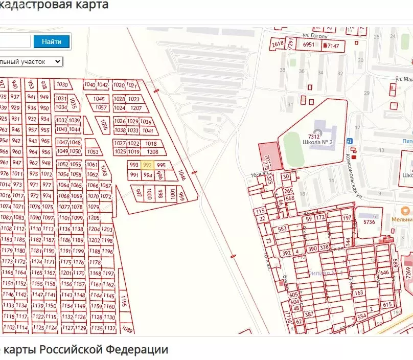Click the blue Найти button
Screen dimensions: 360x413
(x=52, y=41)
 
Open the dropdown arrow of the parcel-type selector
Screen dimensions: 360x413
(x=58, y=61)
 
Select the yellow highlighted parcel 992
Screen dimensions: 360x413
(x=148, y=165)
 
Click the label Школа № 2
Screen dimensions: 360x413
(x=317, y=142)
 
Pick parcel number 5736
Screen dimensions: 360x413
(x=369, y=222)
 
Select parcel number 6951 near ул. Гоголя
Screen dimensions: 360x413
(x=309, y=45)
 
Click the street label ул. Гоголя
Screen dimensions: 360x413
(x=314, y=36)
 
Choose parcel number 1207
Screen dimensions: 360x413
(x=136, y=108)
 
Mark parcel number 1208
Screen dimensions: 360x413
(x=152, y=152)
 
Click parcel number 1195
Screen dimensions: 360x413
(x=123, y=303)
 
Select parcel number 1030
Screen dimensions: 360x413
(x=62, y=84)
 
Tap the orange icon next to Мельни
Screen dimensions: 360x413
(x=404, y=210)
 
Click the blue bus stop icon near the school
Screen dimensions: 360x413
(x=349, y=141)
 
